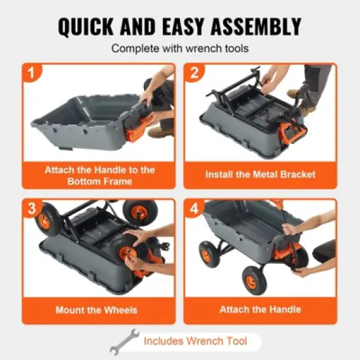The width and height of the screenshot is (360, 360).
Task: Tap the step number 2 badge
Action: pos(194,73)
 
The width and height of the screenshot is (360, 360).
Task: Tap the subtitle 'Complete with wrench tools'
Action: pos(179,48)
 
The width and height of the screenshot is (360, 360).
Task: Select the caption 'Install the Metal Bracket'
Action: pos(260,175)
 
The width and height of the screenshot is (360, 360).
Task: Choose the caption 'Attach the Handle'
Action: pos(260,310)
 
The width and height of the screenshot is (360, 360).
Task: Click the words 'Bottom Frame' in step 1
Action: pos(99,181)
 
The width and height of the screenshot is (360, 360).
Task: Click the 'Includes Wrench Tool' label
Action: pos(194,341)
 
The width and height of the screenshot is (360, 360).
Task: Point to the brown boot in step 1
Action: pos(161,131)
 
